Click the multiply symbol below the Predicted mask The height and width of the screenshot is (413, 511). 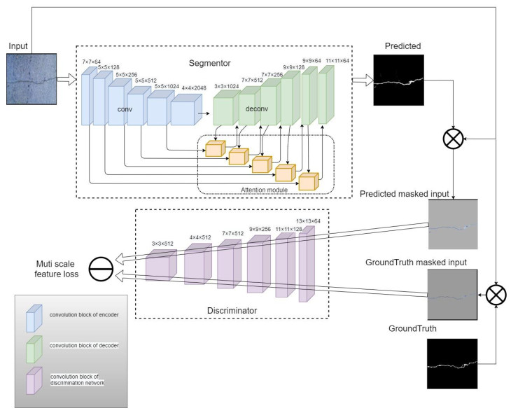(453, 140)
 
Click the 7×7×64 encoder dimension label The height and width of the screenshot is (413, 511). (92, 62)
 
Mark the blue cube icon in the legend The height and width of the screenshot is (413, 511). (31, 316)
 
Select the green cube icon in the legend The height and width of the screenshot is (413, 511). (31, 346)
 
